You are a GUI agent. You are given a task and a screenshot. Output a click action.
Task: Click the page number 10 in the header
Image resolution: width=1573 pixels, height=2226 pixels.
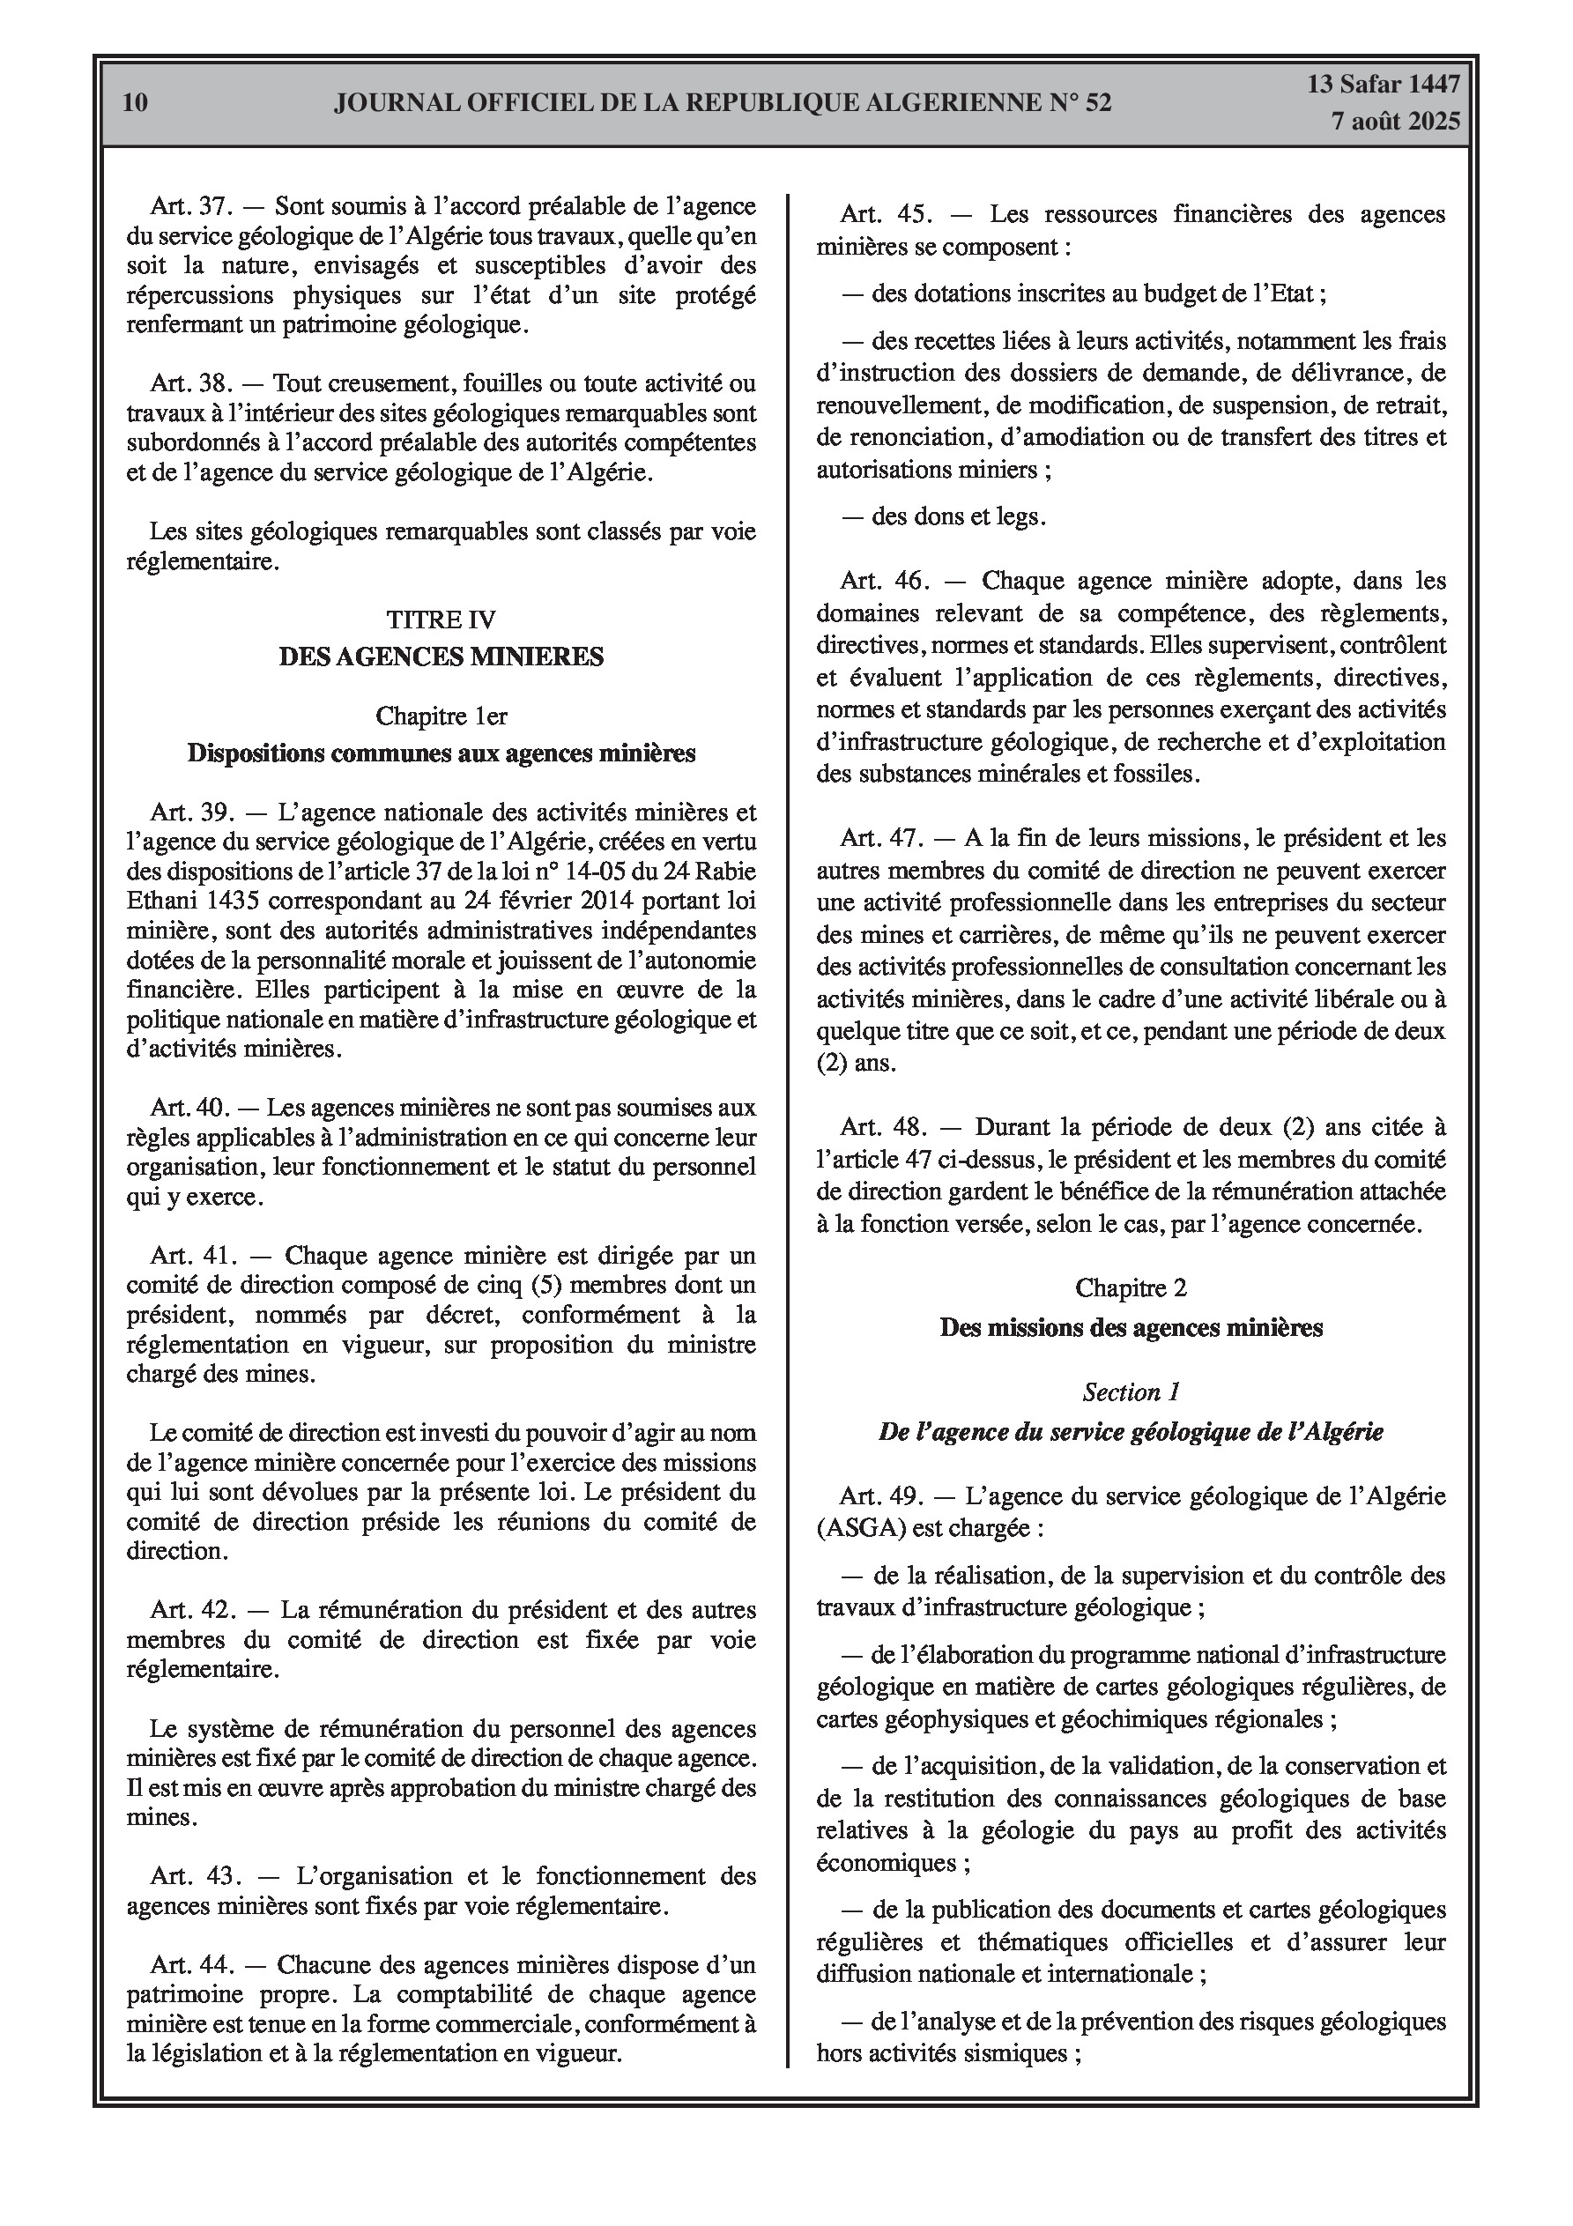[136, 103]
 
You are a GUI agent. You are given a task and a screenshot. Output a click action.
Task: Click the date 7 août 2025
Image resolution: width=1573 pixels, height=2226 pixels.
[1396, 122]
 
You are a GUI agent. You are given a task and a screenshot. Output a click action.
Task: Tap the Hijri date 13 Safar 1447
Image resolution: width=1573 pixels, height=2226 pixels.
[1383, 85]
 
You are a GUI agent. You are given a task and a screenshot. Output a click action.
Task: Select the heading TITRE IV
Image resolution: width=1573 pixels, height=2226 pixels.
[441, 619]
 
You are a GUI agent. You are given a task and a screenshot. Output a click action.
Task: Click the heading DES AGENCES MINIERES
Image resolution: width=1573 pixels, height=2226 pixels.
[441, 657]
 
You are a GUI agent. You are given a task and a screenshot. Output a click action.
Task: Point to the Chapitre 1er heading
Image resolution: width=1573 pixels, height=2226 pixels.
[441, 716]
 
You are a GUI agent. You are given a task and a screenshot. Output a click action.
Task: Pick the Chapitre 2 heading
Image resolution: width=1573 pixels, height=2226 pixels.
[1131, 1287]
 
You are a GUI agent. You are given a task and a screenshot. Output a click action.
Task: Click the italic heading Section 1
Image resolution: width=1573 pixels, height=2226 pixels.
[1131, 1392]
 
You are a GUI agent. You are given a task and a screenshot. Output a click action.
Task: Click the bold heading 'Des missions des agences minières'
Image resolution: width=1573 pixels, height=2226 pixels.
[1131, 1327]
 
